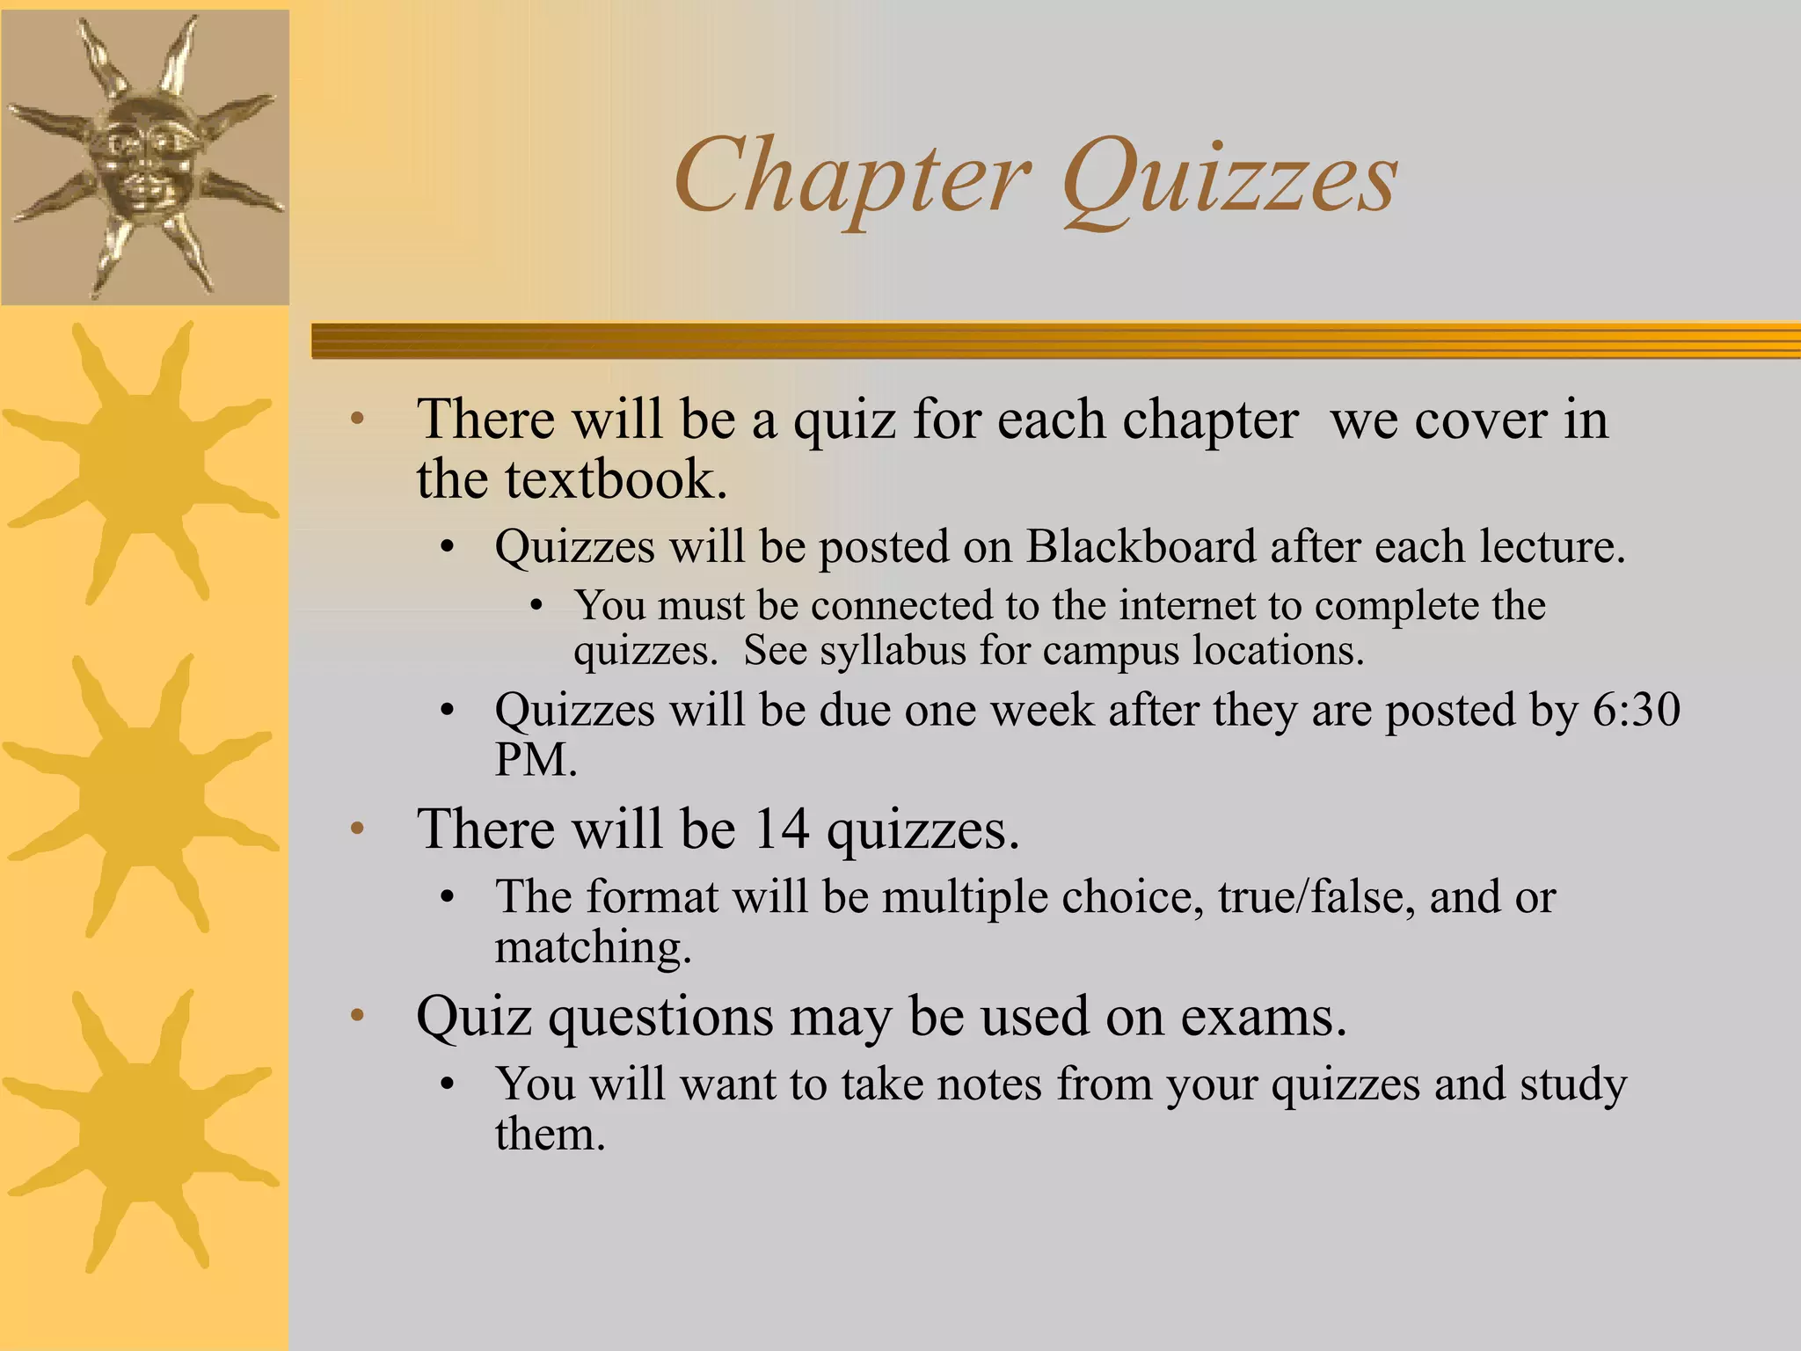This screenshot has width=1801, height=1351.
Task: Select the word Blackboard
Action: (x=1141, y=547)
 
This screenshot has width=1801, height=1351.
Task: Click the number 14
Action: (x=781, y=829)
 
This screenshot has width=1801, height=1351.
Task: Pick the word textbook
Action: (x=616, y=480)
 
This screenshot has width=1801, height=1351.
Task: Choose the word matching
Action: (x=593, y=948)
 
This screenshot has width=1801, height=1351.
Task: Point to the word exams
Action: (x=1263, y=1018)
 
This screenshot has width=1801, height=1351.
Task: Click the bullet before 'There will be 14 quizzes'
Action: (x=357, y=829)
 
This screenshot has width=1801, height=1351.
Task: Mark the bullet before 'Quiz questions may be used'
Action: (x=357, y=1018)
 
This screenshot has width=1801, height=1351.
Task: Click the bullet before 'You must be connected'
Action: (x=536, y=606)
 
